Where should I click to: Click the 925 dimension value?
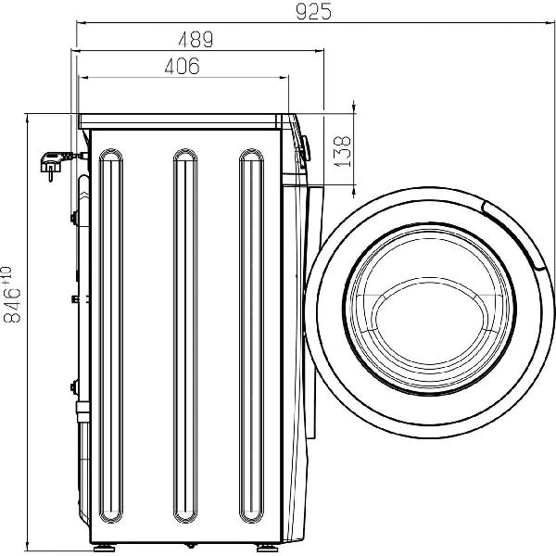click(313, 12)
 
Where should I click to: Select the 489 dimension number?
click(196, 40)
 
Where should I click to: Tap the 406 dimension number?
click(183, 66)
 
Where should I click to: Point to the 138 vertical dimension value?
click(343, 152)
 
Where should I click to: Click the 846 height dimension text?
click(12, 295)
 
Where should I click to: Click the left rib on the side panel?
click(111, 335)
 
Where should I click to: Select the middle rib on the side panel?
click(185, 335)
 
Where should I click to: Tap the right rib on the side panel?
click(251, 335)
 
